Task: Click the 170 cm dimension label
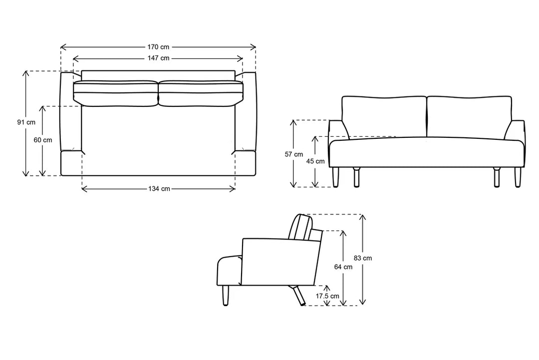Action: tap(158, 47)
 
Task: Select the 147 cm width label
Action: tap(158, 58)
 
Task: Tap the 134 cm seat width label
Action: tap(158, 189)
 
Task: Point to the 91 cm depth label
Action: tap(26, 122)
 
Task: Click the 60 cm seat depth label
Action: tap(43, 140)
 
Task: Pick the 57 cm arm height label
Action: tap(294, 154)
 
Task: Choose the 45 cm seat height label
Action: tap(316, 161)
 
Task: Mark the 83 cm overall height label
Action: tap(362, 258)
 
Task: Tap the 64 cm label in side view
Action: tap(343, 267)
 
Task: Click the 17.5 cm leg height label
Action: tap(327, 296)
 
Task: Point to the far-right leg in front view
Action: tap(518, 177)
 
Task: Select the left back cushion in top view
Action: tap(115, 93)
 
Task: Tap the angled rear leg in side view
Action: tap(298, 296)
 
